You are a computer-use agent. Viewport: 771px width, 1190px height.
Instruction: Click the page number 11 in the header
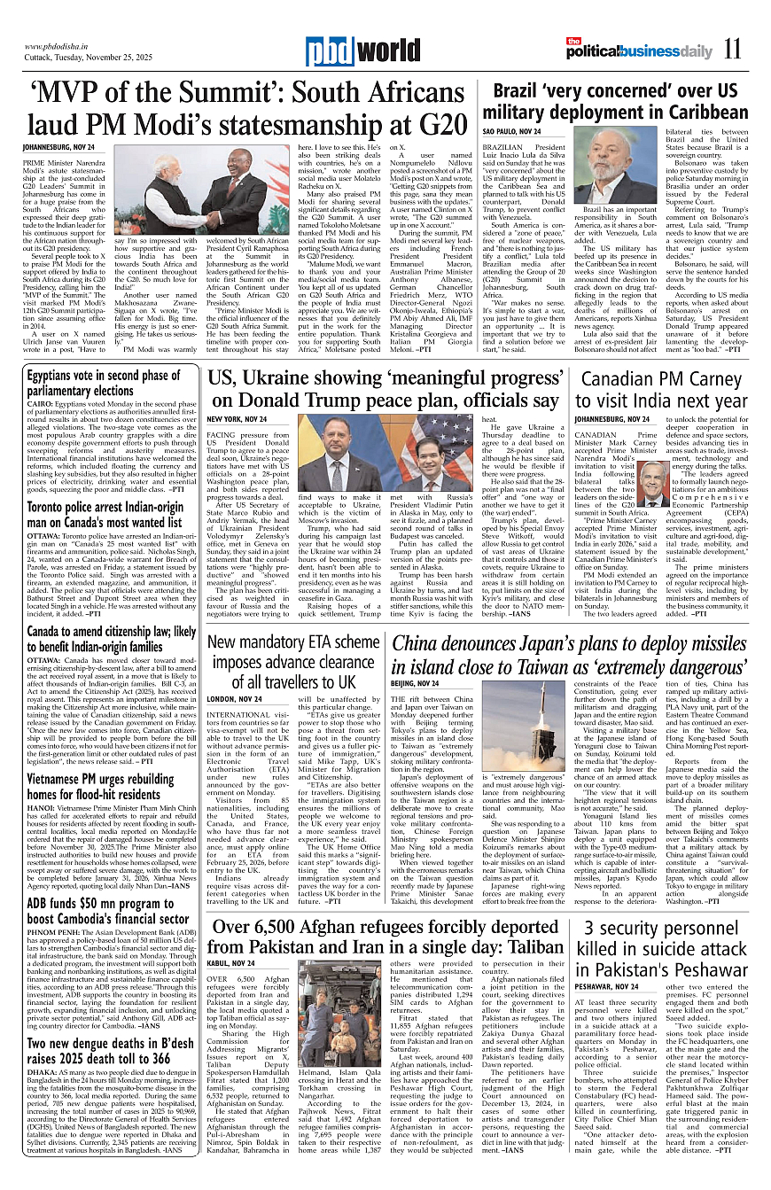(x=731, y=50)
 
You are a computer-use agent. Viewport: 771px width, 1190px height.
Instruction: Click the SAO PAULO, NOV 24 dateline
(x=511, y=131)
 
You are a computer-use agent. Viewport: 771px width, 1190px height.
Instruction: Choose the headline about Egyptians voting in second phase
(x=103, y=383)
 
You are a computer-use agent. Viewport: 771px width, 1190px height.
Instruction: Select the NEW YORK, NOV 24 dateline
(x=237, y=418)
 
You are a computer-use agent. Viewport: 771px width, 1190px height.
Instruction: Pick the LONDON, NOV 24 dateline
(x=234, y=699)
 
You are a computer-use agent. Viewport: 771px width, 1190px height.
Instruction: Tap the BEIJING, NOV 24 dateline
(x=415, y=683)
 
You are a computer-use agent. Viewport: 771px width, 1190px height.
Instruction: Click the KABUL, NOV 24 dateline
(x=230, y=962)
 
